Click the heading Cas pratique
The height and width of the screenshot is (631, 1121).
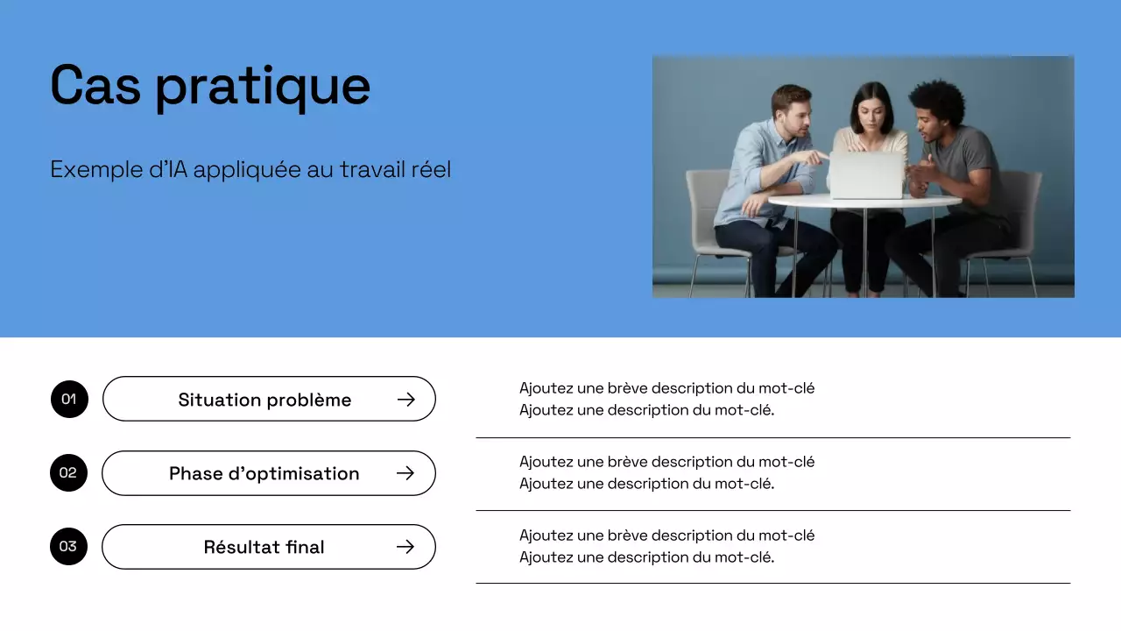coord(210,86)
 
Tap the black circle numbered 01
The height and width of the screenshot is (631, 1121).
coord(69,400)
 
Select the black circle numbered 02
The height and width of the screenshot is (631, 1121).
coord(68,473)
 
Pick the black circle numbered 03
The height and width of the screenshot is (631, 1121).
coord(68,547)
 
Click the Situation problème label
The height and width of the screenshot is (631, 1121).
coord(264,400)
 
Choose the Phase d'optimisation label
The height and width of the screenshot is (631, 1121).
coord(264,473)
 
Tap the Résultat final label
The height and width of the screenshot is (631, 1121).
coord(264,547)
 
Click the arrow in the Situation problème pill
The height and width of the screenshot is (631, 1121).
coord(405,400)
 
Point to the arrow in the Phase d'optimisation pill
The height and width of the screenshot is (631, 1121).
coord(405,473)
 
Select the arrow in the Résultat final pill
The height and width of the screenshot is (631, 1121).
coord(405,547)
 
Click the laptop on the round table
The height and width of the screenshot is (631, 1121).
coord(866,175)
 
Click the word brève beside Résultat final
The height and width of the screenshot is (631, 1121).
coord(628,535)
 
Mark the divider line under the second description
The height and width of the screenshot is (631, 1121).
coord(772,510)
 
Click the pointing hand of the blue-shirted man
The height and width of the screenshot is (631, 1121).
coord(816,159)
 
